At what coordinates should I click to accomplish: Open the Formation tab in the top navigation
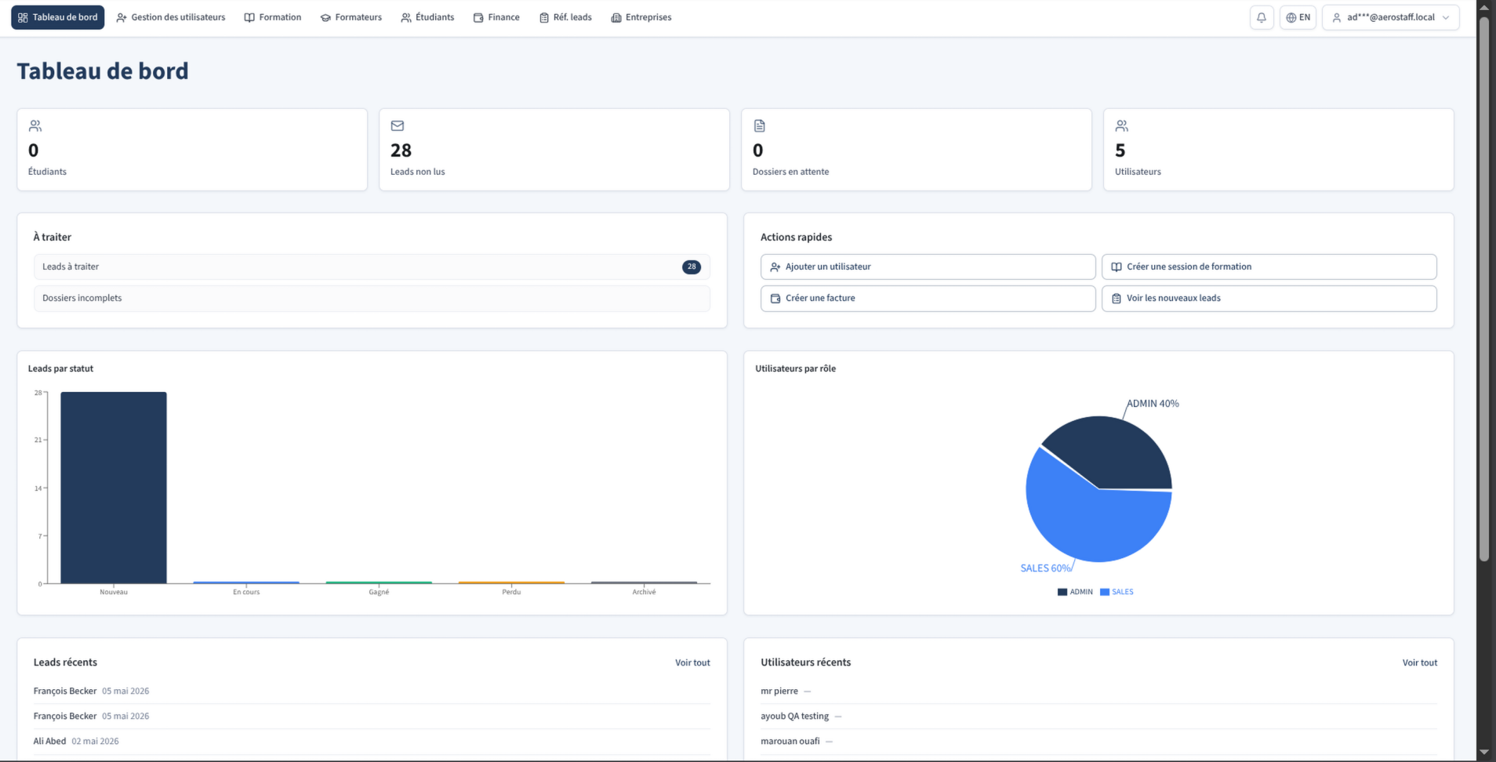point(273,17)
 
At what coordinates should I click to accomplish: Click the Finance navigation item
point(496,17)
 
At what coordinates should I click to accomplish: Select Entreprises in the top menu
point(641,17)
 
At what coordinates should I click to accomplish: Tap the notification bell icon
point(1262,17)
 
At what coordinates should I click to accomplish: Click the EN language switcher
point(1298,17)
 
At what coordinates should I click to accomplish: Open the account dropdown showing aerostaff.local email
point(1391,17)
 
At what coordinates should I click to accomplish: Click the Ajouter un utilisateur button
point(928,267)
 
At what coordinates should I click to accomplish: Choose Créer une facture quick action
point(928,298)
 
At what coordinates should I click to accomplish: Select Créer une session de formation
point(1269,267)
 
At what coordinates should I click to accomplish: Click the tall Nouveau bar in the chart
point(114,488)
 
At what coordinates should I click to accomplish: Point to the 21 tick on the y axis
point(38,440)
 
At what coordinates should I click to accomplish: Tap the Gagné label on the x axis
point(379,592)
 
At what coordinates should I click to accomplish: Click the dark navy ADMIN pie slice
point(1113,455)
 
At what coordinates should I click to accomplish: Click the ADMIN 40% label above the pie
point(1153,404)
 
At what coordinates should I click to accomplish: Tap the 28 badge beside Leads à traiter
point(692,267)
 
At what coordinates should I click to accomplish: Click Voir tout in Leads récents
point(692,662)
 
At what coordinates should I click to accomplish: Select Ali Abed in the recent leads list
point(49,741)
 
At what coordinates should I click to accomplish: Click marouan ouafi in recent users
point(790,741)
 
